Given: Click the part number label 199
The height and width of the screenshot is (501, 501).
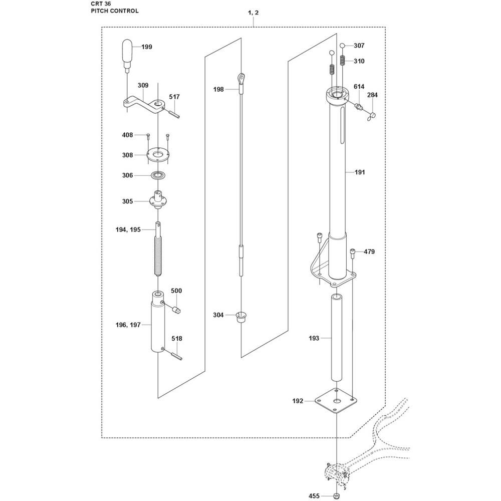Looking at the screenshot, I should point(146,47).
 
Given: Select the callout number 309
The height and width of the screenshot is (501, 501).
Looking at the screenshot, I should point(143,86).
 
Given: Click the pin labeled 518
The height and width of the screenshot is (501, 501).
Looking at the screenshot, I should point(177,356).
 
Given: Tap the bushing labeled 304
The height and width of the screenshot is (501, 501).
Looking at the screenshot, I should point(241,317).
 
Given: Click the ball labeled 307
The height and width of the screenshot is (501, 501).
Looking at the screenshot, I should point(343,46).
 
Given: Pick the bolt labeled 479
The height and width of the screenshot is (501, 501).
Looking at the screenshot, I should point(354,252).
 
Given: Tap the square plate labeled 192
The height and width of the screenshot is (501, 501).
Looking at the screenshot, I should point(336,401).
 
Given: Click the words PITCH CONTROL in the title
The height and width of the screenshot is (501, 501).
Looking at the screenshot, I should point(108,11).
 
